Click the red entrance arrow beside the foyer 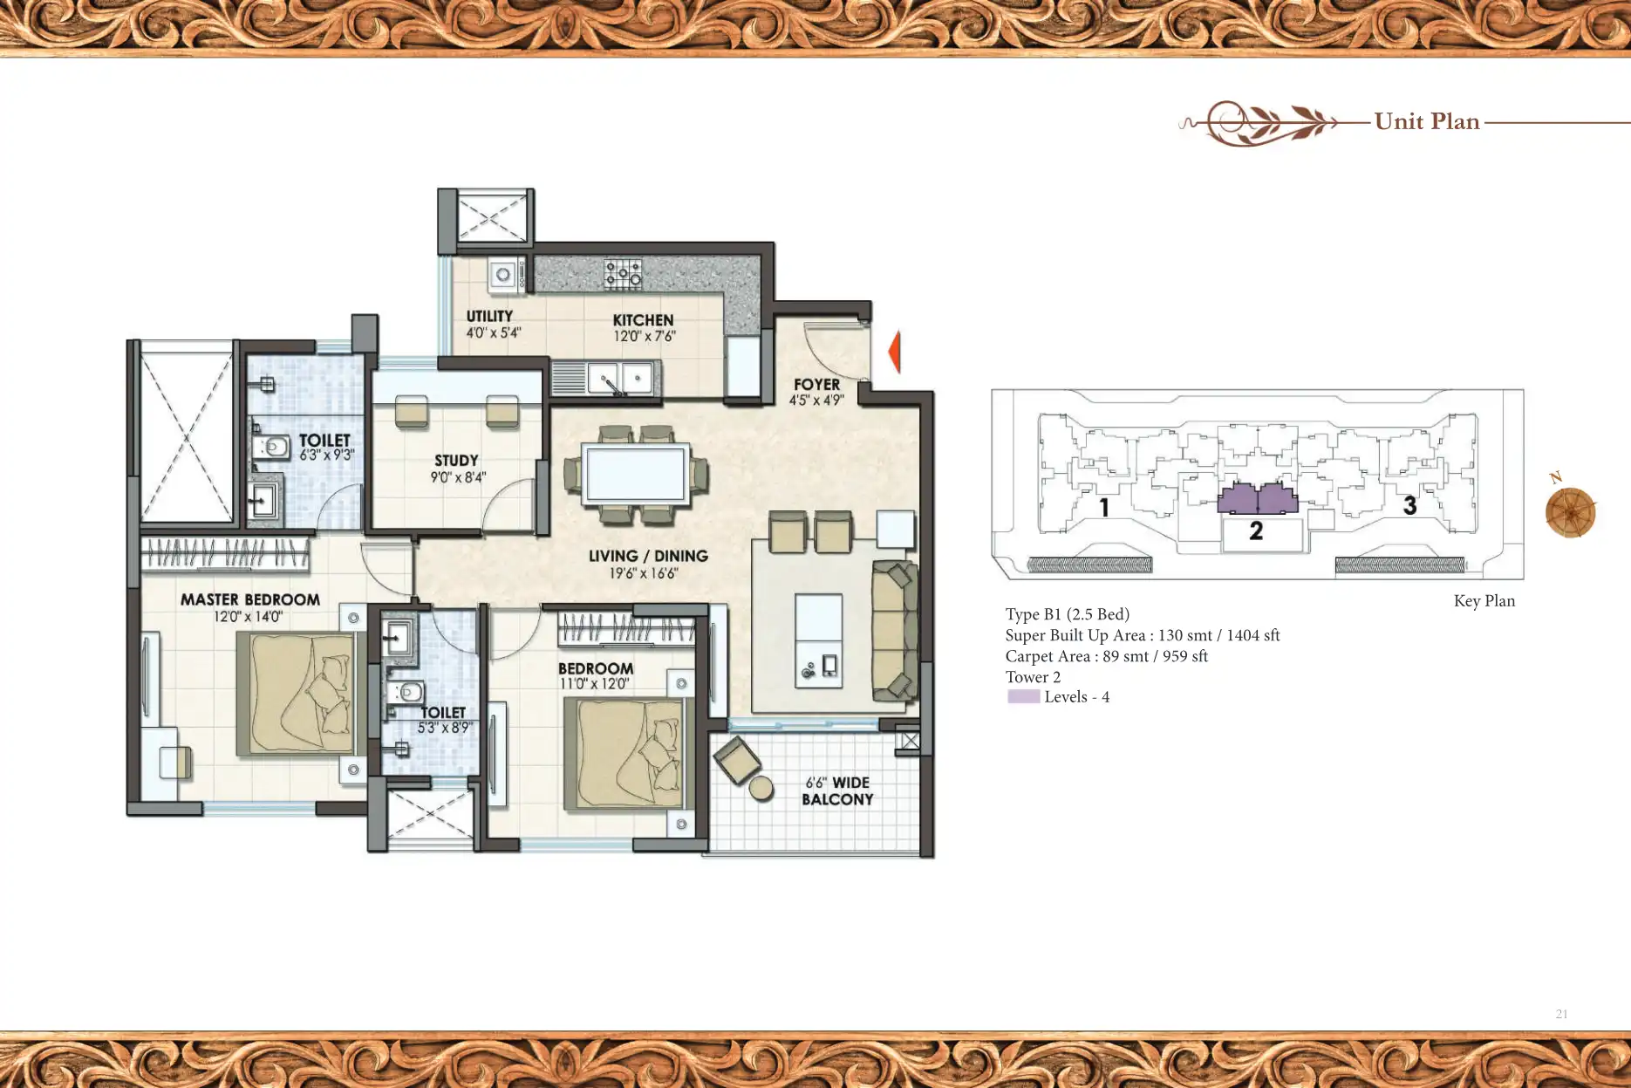click(x=895, y=352)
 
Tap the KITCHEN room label click(x=643, y=320)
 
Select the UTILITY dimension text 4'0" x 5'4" click(x=493, y=333)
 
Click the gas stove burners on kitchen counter click(x=623, y=274)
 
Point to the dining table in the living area click(x=635, y=475)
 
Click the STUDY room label click(x=456, y=460)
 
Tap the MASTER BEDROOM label click(x=249, y=599)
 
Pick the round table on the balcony click(x=761, y=788)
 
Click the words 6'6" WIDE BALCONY click(x=836, y=790)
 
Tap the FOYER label click(x=816, y=384)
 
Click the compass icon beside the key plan click(x=1570, y=512)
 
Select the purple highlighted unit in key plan click(x=1257, y=499)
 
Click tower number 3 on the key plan click(x=1409, y=505)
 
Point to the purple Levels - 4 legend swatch click(x=1023, y=696)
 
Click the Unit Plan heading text click(x=1427, y=121)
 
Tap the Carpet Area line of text click(x=1106, y=656)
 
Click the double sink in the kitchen click(x=619, y=379)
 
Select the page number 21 click(x=1561, y=1014)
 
